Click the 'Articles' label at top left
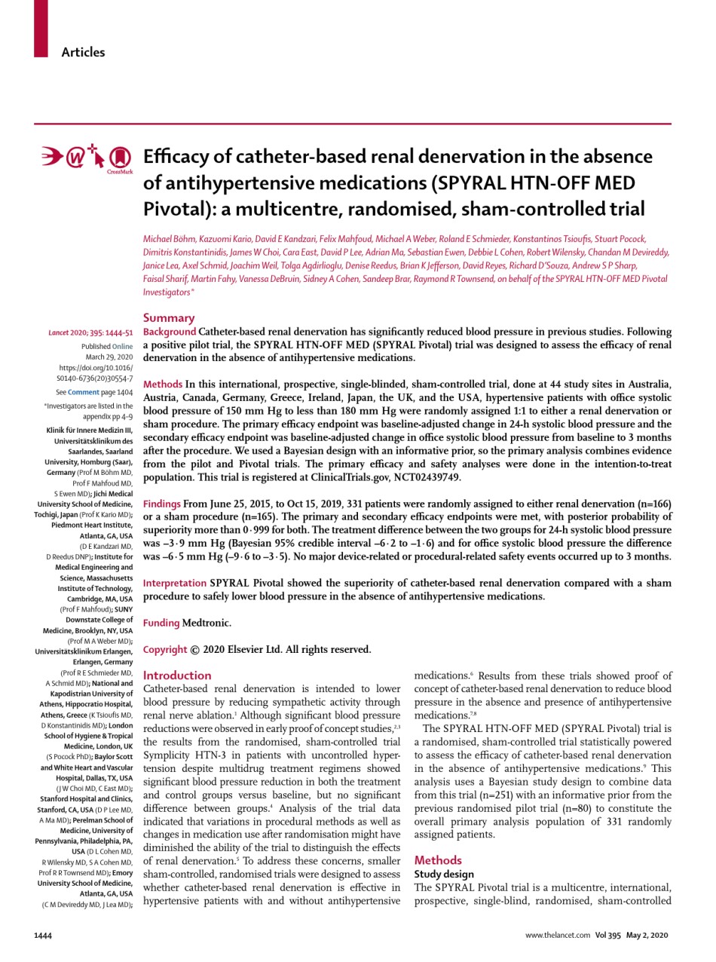point(83,52)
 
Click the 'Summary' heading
point(169,318)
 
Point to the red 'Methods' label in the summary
point(163,384)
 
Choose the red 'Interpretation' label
point(175,583)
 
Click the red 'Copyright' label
point(165,649)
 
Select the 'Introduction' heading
point(177,676)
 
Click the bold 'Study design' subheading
point(445,874)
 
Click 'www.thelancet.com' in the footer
point(558,936)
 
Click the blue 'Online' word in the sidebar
point(123,346)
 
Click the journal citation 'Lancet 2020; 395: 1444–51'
point(91,332)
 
